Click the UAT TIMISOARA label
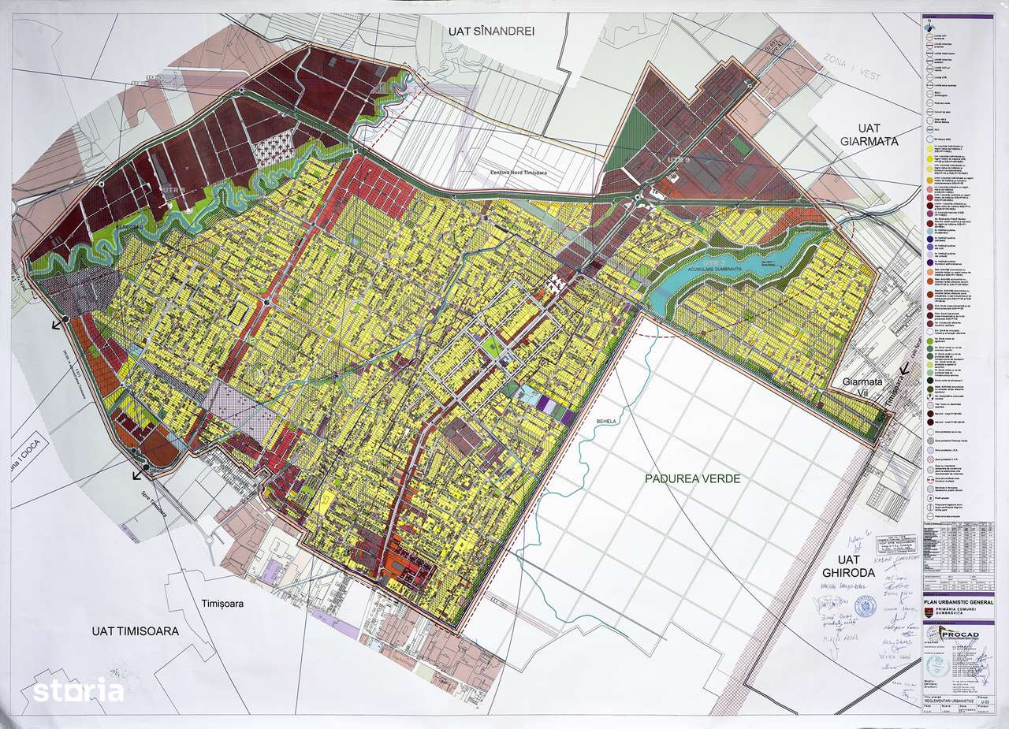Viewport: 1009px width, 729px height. click(x=135, y=630)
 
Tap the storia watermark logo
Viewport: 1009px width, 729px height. click(x=77, y=690)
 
